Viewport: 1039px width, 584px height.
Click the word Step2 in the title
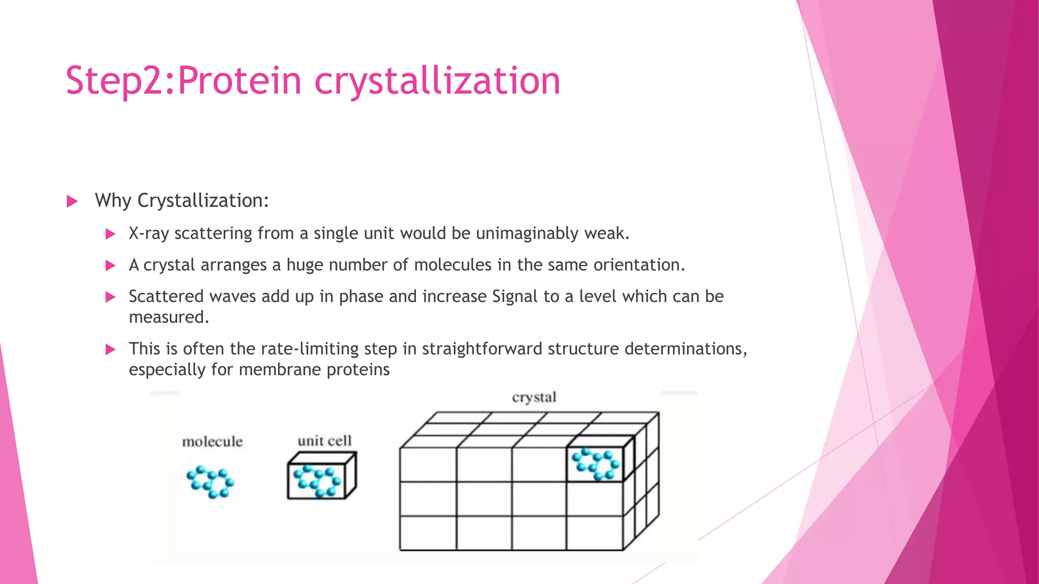(117, 81)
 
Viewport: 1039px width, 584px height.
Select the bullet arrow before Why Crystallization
(72, 202)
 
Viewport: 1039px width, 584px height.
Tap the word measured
(168, 317)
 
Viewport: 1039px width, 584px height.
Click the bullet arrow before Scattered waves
(110, 297)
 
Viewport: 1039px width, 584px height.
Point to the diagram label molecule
(212, 442)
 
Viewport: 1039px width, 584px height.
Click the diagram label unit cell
(324, 441)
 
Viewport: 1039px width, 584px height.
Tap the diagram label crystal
(534, 397)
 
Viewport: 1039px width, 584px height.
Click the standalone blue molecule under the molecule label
(211, 482)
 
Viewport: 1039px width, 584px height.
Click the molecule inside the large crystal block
(596, 463)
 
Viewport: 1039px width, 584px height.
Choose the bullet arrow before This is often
(110, 349)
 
